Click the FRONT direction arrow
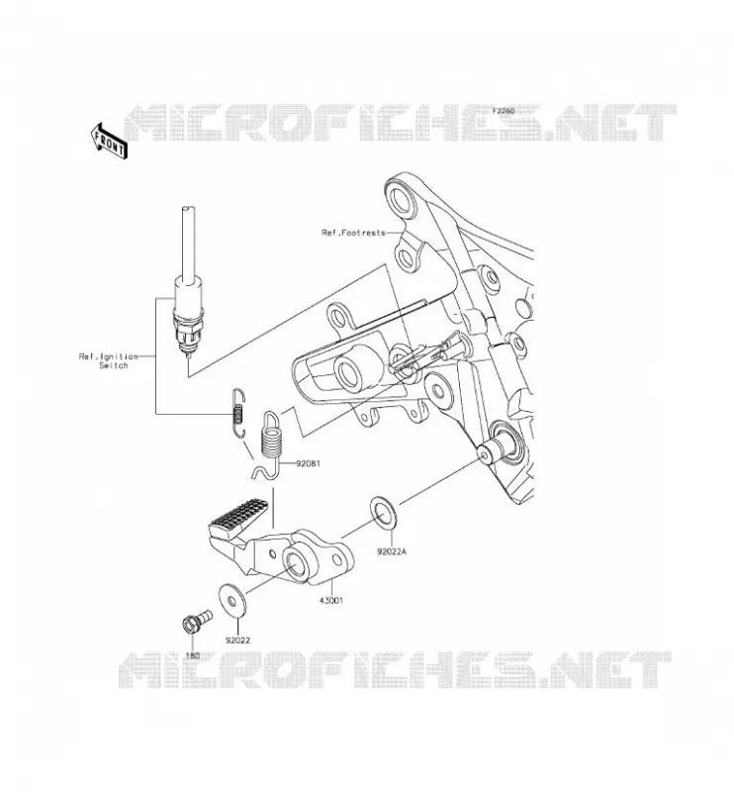(109, 142)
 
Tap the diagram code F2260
(503, 111)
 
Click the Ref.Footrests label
(353, 233)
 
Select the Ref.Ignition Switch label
(108, 360)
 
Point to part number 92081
(308, 463)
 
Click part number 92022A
(391, 552)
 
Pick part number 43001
(331, 601)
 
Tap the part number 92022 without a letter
(237, 641)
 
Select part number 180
(193, 655)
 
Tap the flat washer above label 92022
(232, 601)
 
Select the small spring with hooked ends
(238, 412)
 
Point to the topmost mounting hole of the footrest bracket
(403, 202)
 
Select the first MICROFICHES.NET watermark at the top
(400, 123)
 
